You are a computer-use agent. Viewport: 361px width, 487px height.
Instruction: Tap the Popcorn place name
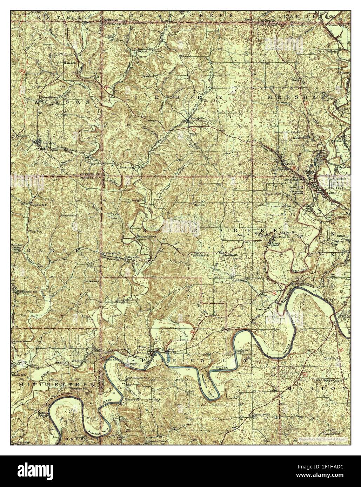tap(142, 52)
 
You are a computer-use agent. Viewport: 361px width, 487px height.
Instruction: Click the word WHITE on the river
tap(221, 367)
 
